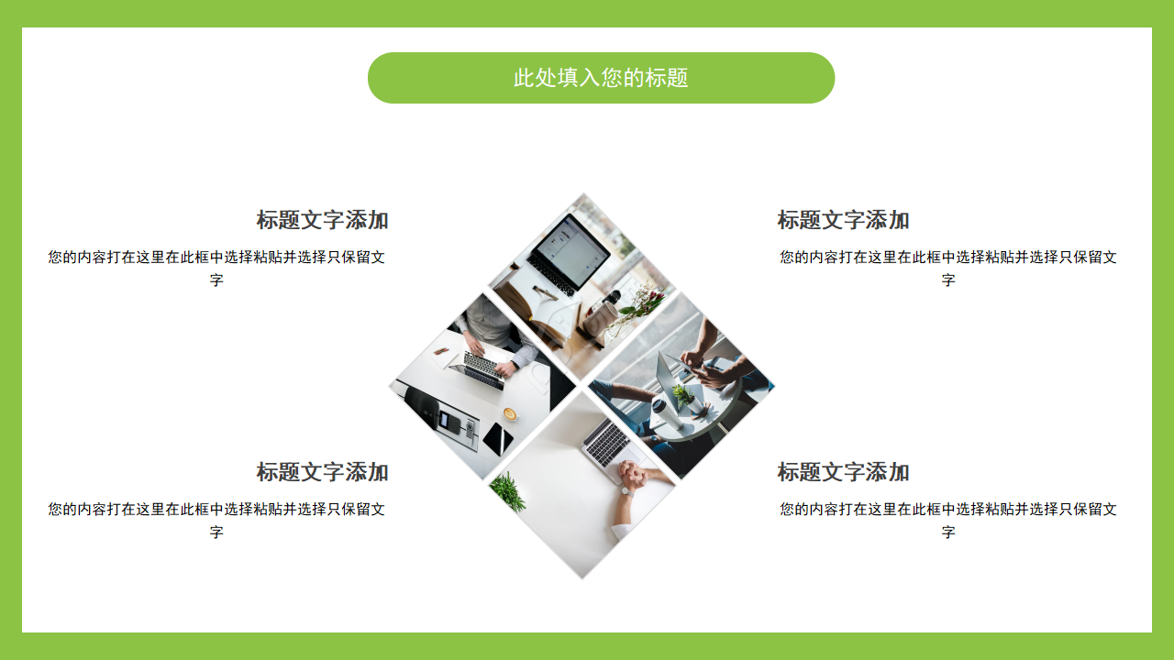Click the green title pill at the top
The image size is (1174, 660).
point(601,78)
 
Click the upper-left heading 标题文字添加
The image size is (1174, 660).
point(322,220)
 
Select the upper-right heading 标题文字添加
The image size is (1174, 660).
point(843,220)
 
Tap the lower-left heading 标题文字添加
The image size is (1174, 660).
point(322,472)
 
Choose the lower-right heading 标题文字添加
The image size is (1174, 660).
point(843,472)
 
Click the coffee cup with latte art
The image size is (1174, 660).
point(510,414)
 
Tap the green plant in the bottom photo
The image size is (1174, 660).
point(508,492)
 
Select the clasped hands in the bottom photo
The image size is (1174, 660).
point(636,475)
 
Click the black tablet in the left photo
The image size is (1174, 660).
point(498,440)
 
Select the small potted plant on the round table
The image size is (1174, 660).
point(681,395)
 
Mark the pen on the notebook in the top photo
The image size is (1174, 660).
point(546,291)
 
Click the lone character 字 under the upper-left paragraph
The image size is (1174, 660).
point(216,280)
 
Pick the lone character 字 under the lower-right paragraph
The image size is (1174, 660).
point(948,533)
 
